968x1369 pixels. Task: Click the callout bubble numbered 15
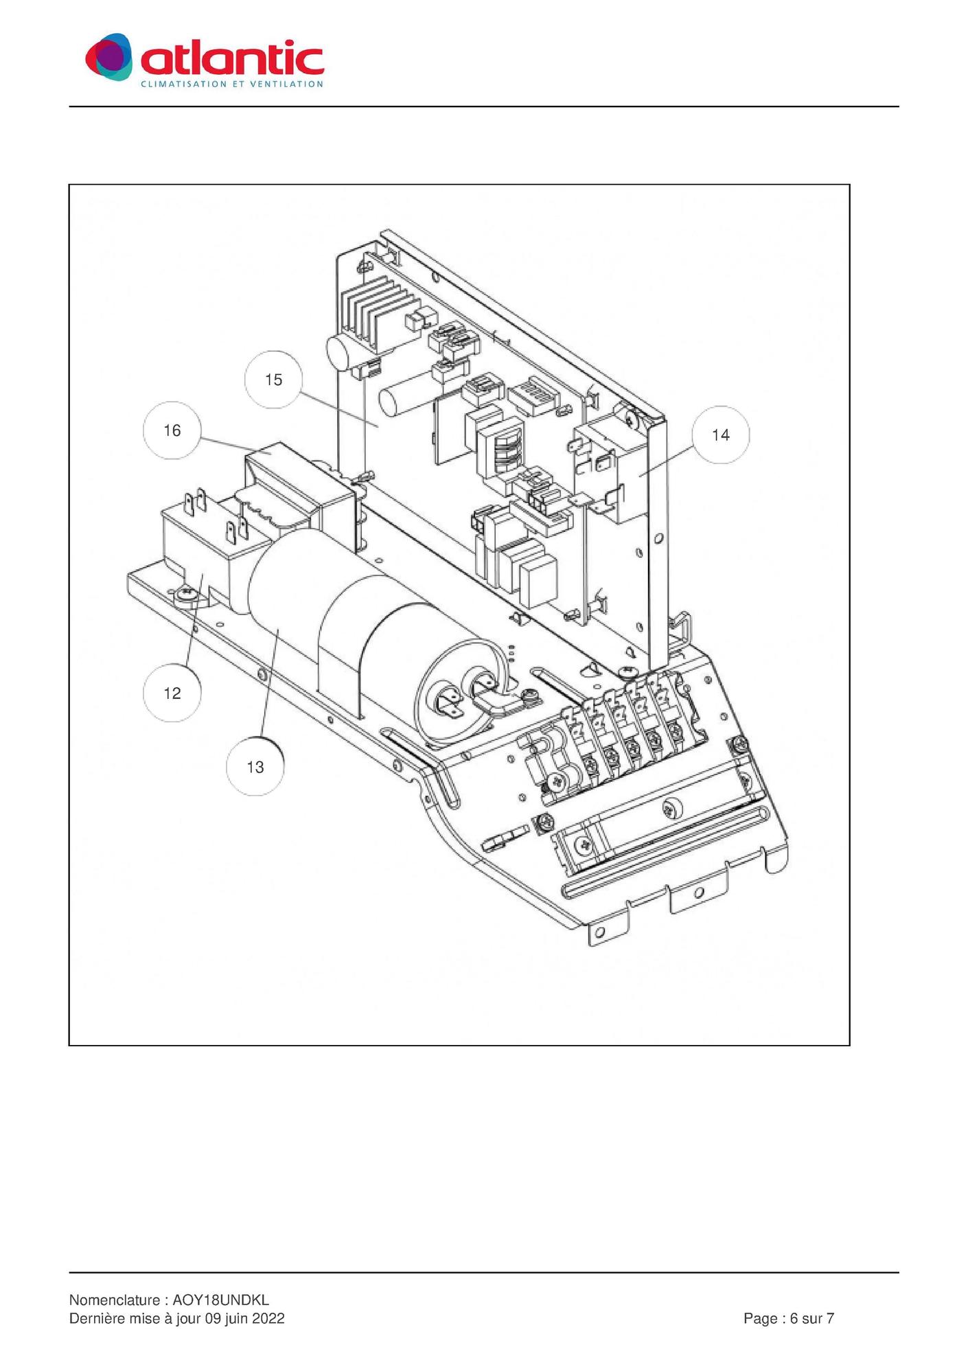tap(273, 380)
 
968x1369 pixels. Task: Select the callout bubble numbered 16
tap(172, 430)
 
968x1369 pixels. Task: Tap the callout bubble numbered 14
tap(720, 435)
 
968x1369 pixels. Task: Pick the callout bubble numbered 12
tap(172, 693)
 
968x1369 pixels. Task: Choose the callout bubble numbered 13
tap(255, 767)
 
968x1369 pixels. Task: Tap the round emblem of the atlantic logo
tap(108, 57)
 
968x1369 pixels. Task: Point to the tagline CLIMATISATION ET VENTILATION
tap(231, 84)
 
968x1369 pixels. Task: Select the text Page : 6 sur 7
tap(789, 1318)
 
